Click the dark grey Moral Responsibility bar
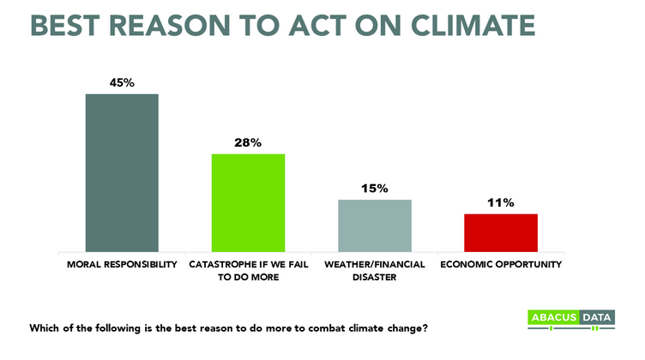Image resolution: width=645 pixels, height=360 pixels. [122, 172]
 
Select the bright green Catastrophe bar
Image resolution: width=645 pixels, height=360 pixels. [249, 202]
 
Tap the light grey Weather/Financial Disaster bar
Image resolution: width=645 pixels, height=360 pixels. [375, 225]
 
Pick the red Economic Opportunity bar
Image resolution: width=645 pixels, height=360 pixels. [501, 232]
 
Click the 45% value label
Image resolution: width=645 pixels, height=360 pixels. [121, 82]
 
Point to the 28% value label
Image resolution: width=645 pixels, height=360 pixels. [249, 142]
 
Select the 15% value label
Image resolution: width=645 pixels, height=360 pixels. [375, 188]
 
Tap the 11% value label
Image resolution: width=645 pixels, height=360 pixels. [501, 203]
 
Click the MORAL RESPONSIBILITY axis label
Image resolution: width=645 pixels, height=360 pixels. [122, 264]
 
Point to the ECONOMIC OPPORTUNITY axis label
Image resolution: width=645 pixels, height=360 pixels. [501, 264]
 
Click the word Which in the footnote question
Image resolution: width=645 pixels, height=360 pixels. [44, 328]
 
